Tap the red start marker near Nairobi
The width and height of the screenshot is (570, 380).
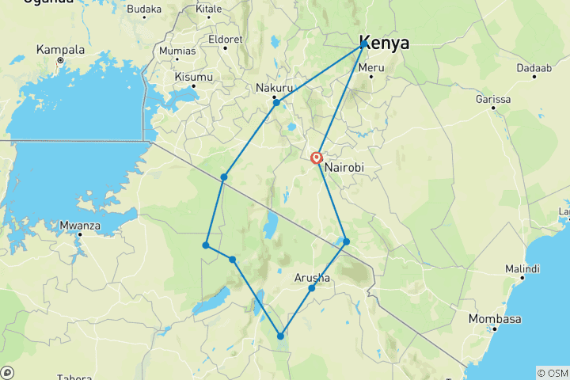pos(317,158)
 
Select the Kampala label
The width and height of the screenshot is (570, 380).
pos(59,49)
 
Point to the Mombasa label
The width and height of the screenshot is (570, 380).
pos(495,319)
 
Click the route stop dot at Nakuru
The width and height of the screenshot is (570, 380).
pos(276,102)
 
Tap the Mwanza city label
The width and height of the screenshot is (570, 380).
pos(79,225)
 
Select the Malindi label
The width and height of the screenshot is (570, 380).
pos(522,269)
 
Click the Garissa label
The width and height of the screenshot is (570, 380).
pos(493,99)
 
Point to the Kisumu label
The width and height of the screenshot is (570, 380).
pos(193,77)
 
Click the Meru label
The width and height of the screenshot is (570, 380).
pos(371,67)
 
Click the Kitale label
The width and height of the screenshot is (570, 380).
pos(209,9)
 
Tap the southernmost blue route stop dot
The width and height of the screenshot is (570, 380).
pos(280,336)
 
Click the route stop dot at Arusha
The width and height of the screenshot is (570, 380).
pos(312,287)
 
